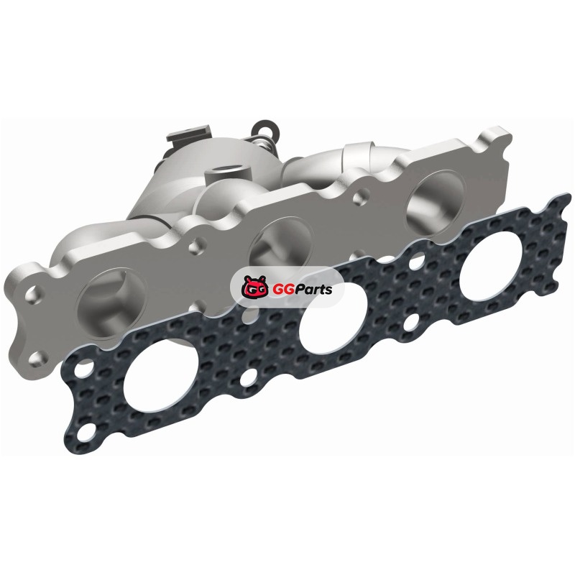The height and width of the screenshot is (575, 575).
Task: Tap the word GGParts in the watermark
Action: [x=302, y=290]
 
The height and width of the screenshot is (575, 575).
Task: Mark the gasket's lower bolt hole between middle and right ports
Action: [x=412, y=321]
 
